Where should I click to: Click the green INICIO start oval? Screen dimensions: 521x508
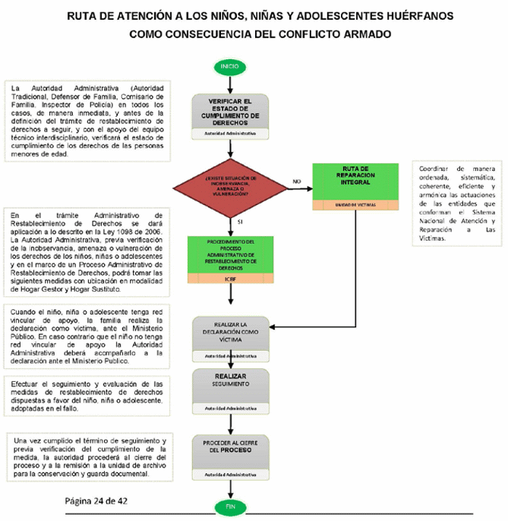(x=229, y=66)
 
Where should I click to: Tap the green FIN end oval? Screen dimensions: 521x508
(x=229, y=506)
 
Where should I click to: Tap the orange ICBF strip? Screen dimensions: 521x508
(x=229, y=279)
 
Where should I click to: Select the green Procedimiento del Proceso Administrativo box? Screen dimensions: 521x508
(x=229, y=254)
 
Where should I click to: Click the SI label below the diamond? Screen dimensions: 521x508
(x=241, y=222)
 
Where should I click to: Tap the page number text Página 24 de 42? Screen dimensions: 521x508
(x=106, y=500)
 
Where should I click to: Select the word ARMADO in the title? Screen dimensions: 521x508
(x=364, y=34)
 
